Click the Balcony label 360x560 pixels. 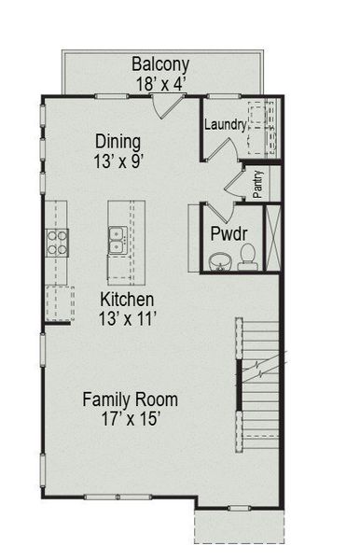point(160,64)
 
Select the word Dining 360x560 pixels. point(118,142)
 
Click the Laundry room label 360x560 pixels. point(226,124)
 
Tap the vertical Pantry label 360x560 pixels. point(258,184)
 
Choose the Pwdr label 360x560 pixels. point(227,233)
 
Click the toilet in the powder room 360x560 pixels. point(248,255)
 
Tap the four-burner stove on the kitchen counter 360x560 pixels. point(58,242)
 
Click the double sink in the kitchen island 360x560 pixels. point(118,242)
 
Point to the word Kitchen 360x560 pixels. point(128,300)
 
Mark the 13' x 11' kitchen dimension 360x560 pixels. point(128,318)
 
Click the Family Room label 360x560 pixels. point(130,399)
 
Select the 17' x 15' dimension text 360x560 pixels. point(130,419)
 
